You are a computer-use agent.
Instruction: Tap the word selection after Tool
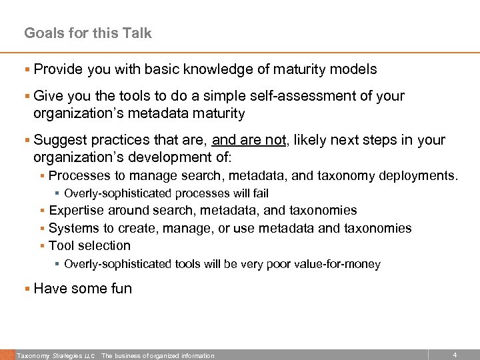pos(104,245)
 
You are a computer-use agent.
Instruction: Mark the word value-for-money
pos(339,265)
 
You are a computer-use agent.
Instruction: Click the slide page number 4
pos(455,355)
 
